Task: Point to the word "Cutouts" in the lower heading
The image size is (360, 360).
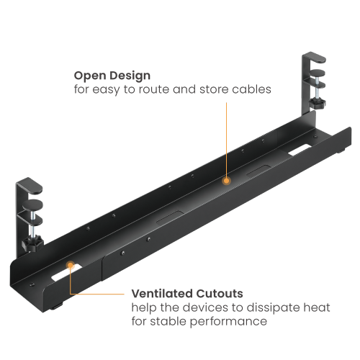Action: click(218, 294)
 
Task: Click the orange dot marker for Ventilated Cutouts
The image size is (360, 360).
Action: click(71, 265)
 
